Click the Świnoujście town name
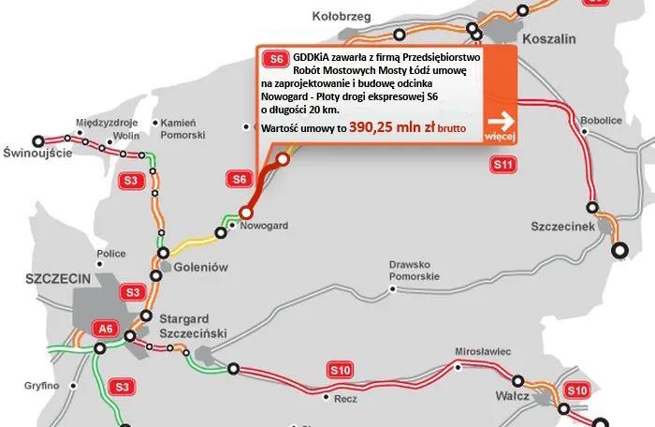[x=37, y=153]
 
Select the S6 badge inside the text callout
[x=274, y=58]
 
